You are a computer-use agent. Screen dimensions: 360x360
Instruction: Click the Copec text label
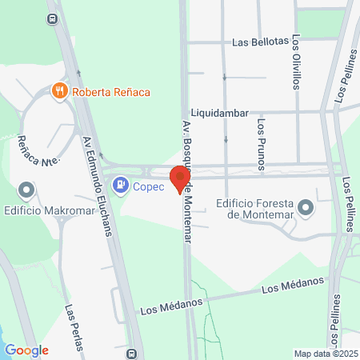148,186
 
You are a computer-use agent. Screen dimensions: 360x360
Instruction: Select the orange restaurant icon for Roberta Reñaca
59,91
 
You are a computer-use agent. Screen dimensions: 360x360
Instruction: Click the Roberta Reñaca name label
110,91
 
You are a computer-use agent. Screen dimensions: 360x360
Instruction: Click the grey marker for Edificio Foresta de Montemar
305,209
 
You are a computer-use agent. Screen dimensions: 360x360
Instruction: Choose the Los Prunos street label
262,144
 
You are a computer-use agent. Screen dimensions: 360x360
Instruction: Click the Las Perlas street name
74,328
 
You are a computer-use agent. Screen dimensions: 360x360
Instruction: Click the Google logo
26,350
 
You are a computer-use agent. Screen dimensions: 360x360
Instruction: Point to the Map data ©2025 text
326,354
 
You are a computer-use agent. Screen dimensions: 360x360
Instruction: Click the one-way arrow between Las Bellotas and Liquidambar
225,78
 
